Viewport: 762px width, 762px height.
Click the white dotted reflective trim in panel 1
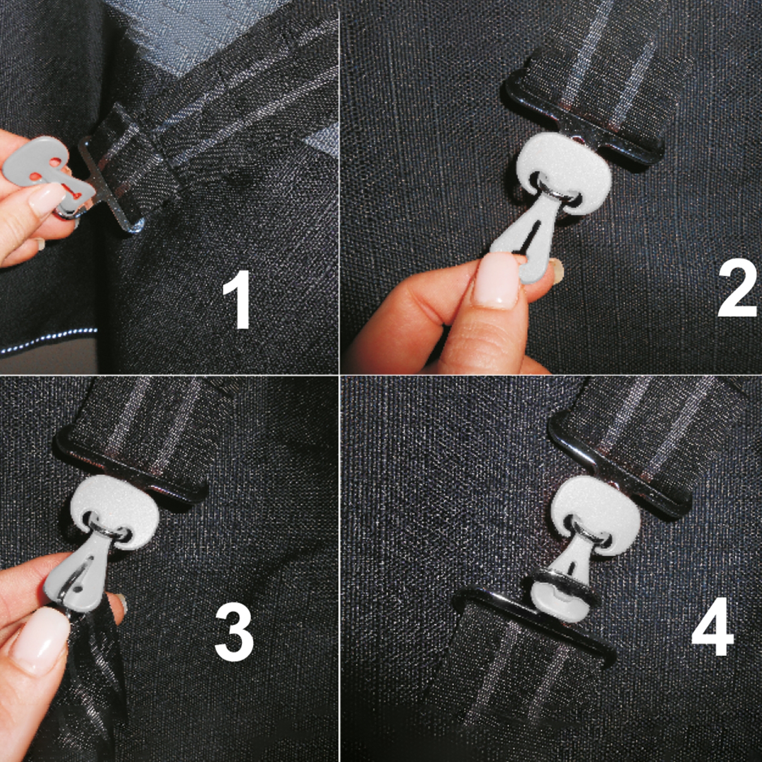(x=48, y=341)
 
